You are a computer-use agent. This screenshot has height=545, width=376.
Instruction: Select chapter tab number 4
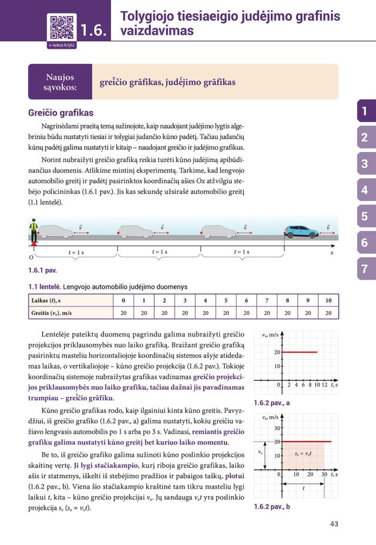(x=364, y=190)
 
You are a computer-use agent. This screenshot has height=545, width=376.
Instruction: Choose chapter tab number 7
(x=364, y=270)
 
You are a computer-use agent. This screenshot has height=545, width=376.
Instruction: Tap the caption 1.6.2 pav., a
(x=271, y=403)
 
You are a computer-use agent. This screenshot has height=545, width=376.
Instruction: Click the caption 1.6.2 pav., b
(x=271, y=506)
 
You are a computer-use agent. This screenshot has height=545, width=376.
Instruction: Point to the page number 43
(x=334, y=524)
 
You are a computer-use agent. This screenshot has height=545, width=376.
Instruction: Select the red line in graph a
(x=300, y=352)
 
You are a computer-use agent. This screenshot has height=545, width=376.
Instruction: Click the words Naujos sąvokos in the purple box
(x=61, y=82)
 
